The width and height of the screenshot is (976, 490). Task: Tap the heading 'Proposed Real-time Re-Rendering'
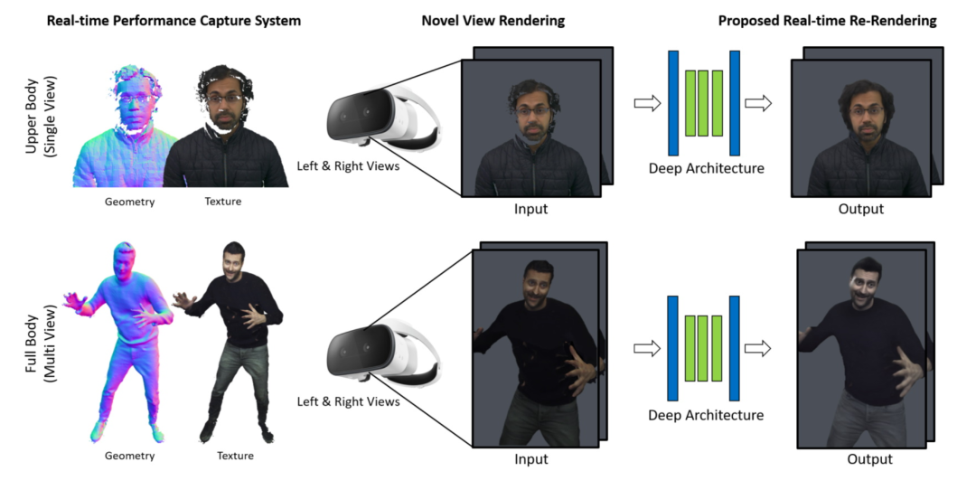click(x=827, y=21)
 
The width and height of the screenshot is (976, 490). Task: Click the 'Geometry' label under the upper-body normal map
click(x=129, y=202)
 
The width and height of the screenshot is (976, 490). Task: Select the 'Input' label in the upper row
click(x=530, y=210)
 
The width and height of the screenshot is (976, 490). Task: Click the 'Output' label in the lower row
click(x=869, y=459)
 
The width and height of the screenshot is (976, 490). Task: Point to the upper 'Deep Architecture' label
click(x=706, y=168)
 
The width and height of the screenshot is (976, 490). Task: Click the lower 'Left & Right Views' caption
click(x=348, y=401)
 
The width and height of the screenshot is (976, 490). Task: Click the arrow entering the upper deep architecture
click(x=647, y=103)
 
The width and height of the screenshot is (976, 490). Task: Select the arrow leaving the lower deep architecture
click(x=758, y=348)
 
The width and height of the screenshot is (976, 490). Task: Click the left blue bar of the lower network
click(x=672, y=348)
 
